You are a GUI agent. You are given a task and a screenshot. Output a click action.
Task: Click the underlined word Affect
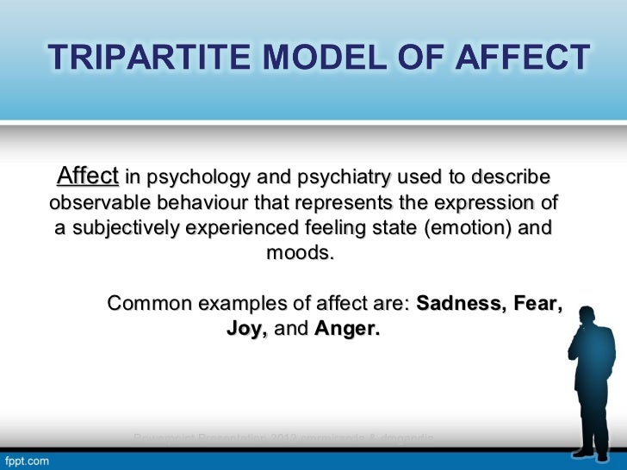click(x=87, y=177)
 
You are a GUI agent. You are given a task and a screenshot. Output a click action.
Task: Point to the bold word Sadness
click(x=456, y=304)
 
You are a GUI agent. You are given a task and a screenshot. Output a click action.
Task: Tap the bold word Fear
click(x=538, y=304)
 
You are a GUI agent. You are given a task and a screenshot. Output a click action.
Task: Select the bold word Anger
click(x=346, y=330)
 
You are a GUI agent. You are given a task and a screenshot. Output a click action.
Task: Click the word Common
click(x=148, y=304)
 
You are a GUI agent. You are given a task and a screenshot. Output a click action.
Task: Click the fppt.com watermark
click(x=28, y=461)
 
